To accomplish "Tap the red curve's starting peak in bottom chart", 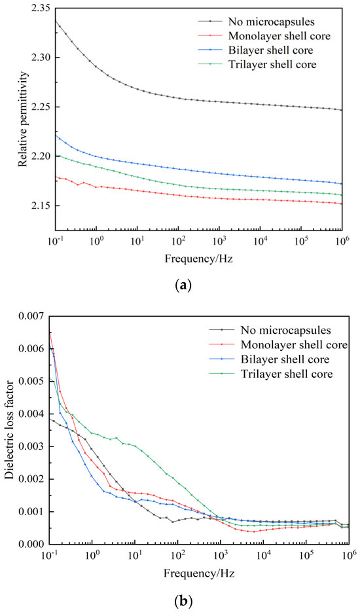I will (50, 333).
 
